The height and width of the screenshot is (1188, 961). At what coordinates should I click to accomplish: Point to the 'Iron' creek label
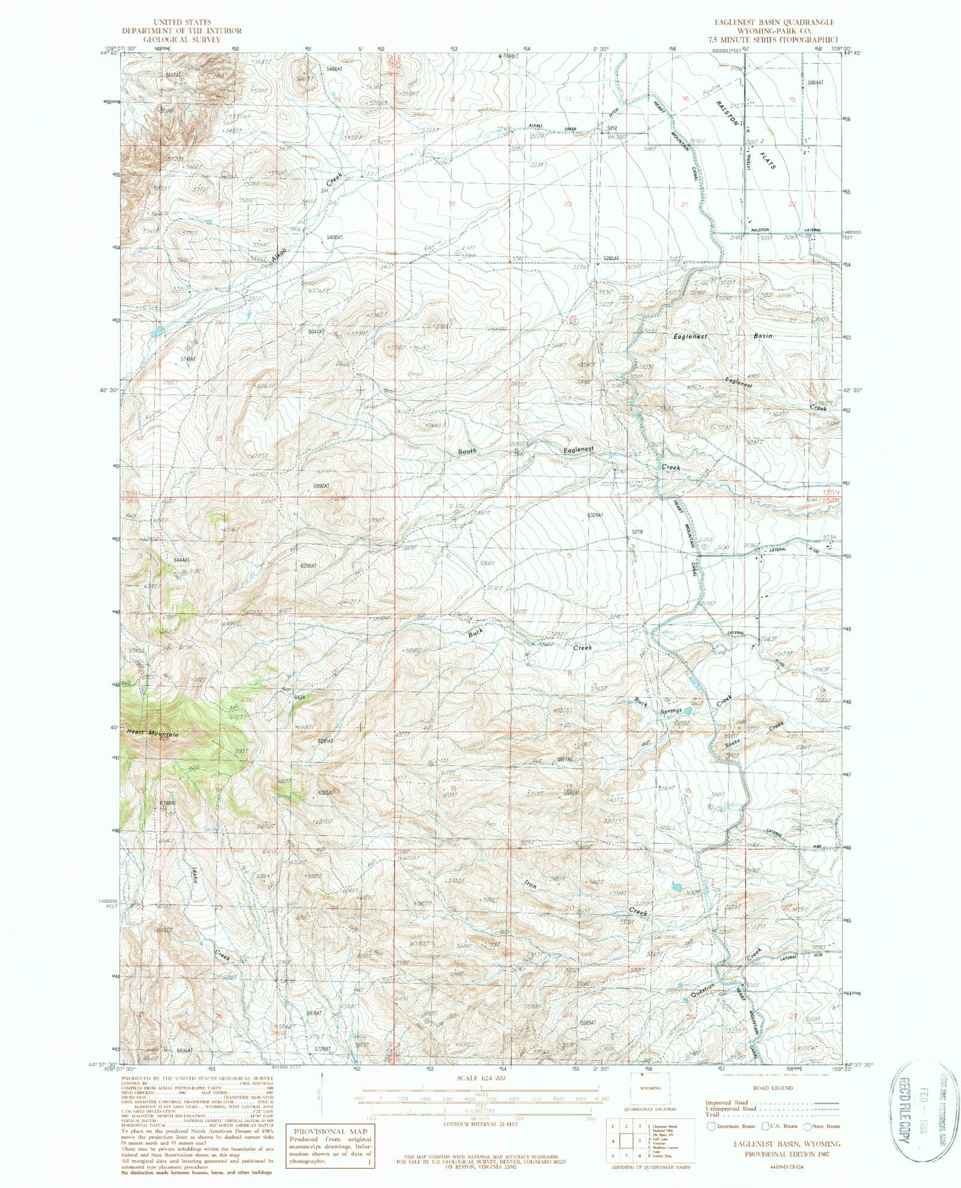point(530,885)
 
